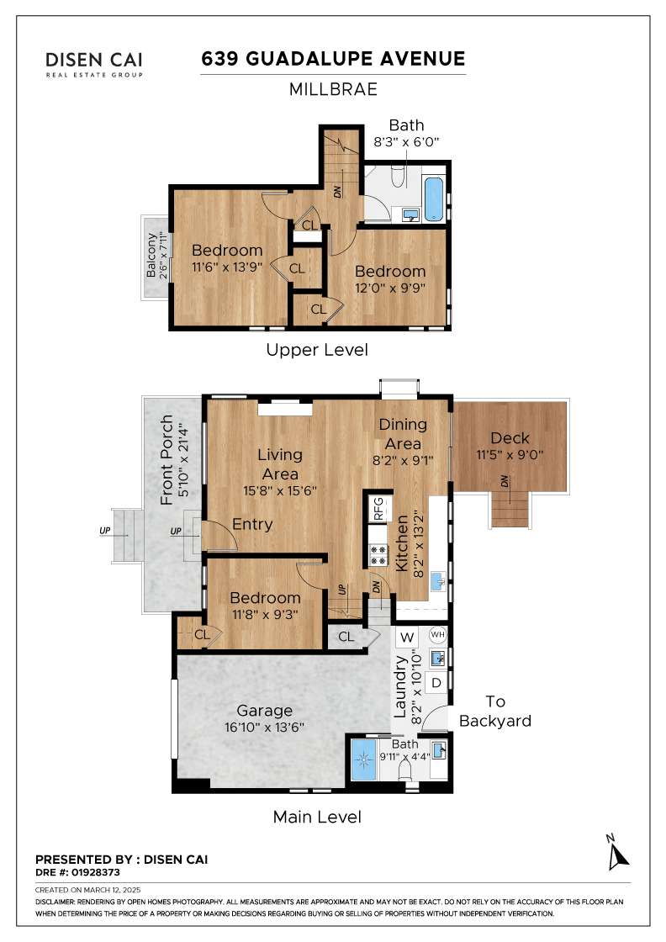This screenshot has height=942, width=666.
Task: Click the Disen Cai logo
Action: (94, 65)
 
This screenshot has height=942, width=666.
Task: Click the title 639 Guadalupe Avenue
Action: (333, 59)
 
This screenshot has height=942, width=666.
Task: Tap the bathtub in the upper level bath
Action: (434, 198)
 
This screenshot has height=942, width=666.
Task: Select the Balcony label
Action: (151, 256)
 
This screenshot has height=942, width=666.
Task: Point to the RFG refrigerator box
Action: (378, 509)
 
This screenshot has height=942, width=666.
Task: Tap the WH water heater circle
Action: (438, 634)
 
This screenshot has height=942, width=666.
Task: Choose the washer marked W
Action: (407, 638)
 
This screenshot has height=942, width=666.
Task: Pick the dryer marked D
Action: (436, 682)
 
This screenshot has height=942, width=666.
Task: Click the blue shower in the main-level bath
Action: (363, 759)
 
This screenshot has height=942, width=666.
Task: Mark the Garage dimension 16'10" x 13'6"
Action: (264, 727)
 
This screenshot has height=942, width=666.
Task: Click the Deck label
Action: (510, 438)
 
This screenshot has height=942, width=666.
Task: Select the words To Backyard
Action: (494, 712)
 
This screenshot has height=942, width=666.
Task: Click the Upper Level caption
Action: (317, 350)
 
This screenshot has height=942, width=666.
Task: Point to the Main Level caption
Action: (317, 817)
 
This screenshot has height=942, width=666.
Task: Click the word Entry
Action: (252, 525)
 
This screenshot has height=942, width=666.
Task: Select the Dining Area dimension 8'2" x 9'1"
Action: (403, 461)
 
